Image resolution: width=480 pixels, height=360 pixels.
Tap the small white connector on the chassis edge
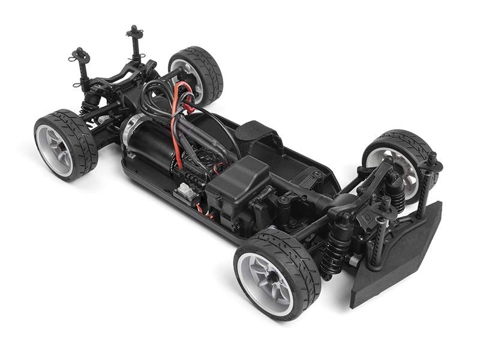tap(184, 191)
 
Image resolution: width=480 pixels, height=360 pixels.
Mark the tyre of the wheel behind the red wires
tap(207, 69)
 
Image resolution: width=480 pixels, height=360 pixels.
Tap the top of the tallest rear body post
tap(134, 30)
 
